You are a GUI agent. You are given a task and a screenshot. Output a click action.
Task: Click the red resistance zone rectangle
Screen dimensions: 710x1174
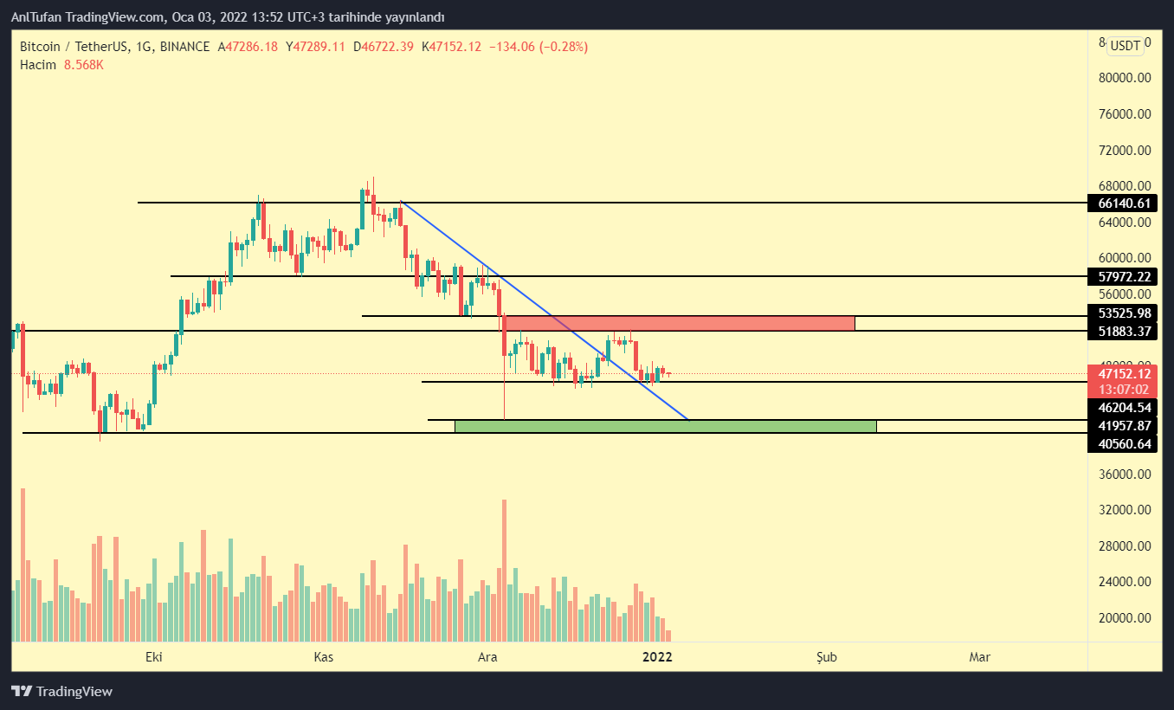pos(680,323)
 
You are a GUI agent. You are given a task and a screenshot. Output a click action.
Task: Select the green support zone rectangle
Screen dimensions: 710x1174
pos(665,426)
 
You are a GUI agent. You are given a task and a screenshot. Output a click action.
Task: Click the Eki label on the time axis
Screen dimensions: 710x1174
pos(154,657)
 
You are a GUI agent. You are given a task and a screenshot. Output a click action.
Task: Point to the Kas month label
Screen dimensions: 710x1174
pos(323,657)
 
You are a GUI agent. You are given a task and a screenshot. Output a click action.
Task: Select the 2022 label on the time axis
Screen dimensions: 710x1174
pos(657,657)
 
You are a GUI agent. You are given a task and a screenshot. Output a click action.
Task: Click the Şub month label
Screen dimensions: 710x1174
pos(827,657)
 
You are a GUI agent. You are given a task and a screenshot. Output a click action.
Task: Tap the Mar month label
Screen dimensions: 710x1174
pos(979,657)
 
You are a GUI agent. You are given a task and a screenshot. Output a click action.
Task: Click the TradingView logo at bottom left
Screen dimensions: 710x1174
pos(61,691)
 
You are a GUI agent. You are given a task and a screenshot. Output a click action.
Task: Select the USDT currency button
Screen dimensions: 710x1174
pos(1126,46)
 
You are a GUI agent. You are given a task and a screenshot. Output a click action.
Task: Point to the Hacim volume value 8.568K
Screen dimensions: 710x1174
pos(83,64)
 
